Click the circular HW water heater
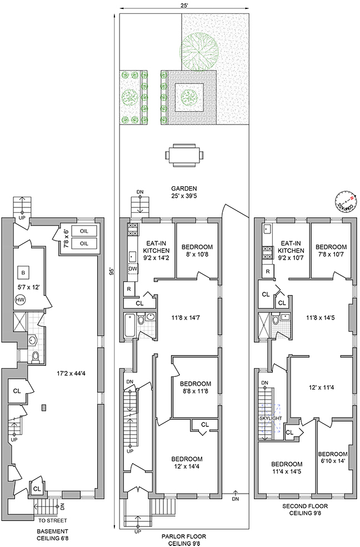pos(21,300)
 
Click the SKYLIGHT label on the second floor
pos(271,417)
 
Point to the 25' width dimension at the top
pos(183,5)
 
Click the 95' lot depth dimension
pos(112,272)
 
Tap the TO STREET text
pos(53,521)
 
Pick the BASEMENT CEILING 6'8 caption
pos(53,534)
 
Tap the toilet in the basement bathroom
pos(36,356)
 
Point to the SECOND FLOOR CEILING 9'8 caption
pos(306,510)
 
